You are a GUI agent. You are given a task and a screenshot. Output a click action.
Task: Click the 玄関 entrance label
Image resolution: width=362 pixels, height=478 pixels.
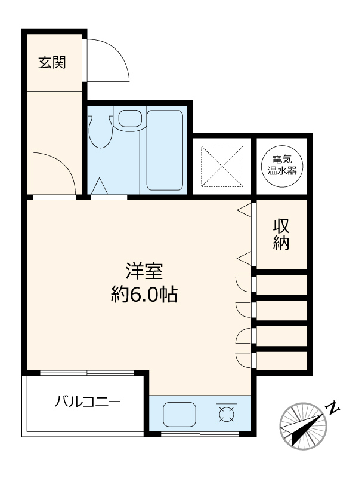(x=52, y=62)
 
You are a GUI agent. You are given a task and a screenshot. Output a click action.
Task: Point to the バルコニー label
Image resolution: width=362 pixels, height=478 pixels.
(x=87, y=401)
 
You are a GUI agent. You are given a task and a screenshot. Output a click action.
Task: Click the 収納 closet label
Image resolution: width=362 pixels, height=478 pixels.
(x=281, y=235)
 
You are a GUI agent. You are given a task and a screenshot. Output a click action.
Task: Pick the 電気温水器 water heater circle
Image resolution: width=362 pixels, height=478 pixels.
(x=281, y=164)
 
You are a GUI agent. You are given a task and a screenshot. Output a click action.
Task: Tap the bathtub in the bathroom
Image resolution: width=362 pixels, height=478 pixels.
(x=164, y=151)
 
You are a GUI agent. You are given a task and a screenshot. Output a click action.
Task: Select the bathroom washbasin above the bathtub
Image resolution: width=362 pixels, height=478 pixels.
(x=128, y=118)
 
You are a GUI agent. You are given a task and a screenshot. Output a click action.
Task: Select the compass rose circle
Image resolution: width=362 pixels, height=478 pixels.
(x=303, y=425)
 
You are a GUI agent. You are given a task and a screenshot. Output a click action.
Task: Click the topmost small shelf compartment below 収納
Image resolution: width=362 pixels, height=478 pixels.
(x=281, y=284)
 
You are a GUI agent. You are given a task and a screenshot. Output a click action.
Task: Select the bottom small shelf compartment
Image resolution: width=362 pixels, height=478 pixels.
(x=281, y=361)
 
